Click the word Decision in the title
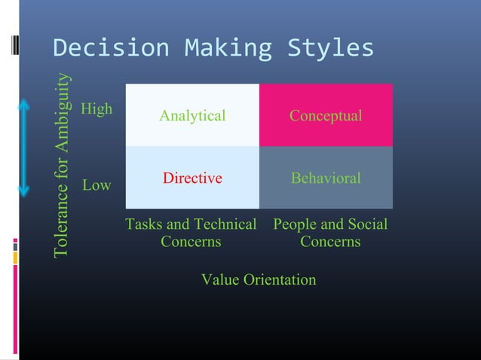pos(101,48)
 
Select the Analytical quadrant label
pos(192,116)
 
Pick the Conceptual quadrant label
pos(326,116)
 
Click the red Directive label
pos(192,178)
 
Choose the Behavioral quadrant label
pos(326,178)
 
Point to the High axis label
pos(97,108)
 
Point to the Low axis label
pos(97,185)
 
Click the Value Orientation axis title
pos(259,279)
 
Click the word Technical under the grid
pos(225,224)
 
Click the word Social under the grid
pos(368,224)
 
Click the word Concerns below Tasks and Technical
pos(191,242)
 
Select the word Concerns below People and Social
pos(330,242)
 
